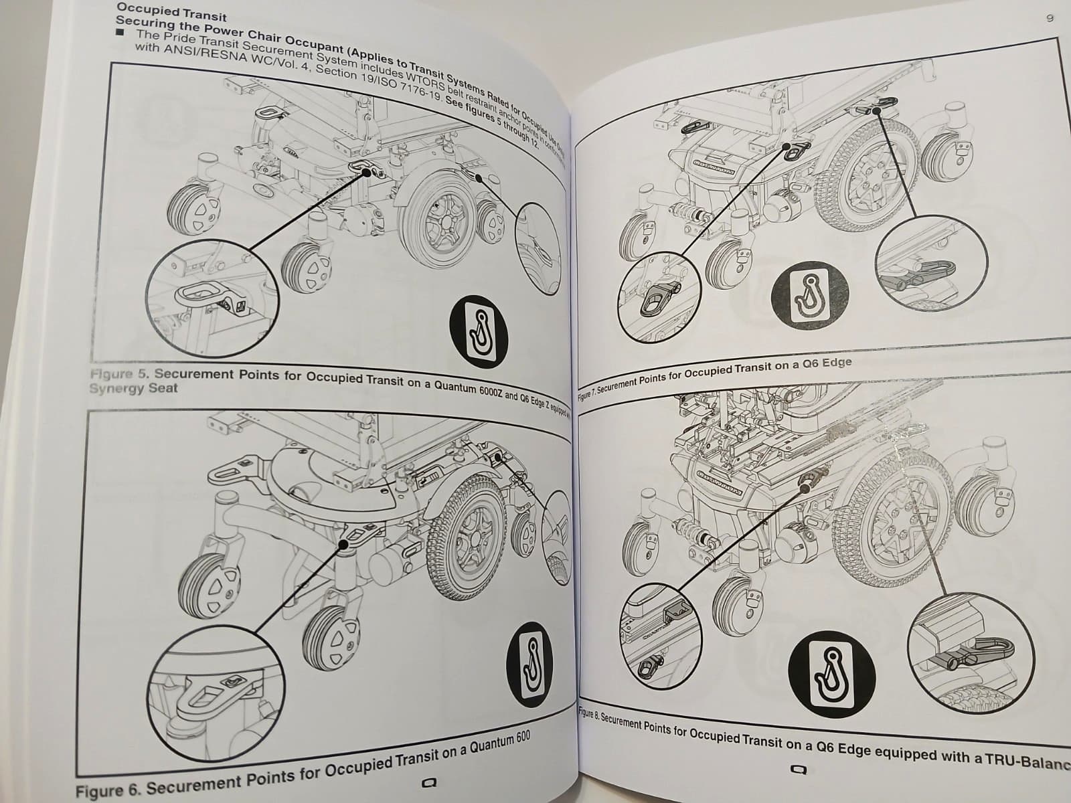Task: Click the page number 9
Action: (1050, 19)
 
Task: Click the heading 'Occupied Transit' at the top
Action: (171, 11)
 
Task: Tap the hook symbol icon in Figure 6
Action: (533, 664)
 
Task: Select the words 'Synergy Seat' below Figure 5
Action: (133, 388)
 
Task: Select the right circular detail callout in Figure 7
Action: (931, 264)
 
